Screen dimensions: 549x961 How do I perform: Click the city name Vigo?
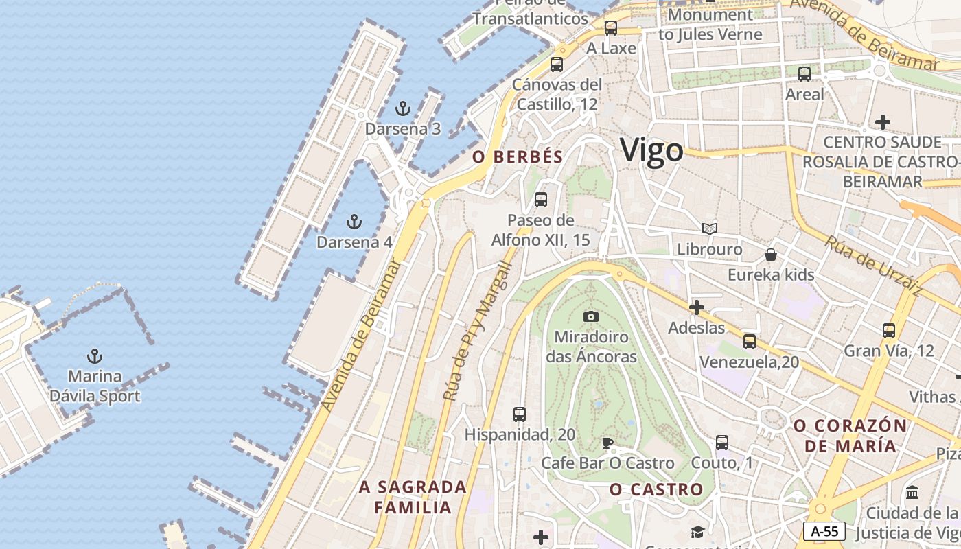pyautogui.click(x=651, y=150)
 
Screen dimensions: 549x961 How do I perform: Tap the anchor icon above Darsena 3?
pyautogui.click(x=403, y=108)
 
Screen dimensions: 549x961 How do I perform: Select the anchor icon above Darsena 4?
pyautogui.click(x=354, y=222)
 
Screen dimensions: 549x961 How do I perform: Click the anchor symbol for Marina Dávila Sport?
pyautogui.click(x=95, y=356)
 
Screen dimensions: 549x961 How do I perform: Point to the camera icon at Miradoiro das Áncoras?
pyautogui.click(x=591, y=316)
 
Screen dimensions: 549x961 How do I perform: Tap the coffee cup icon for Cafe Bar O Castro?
pyautogui.click(x=607, y=443)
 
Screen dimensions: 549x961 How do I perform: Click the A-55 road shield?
pyautogui.click(x=824, y=530)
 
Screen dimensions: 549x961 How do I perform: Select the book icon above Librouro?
pyautogui.click(x=710, y=229)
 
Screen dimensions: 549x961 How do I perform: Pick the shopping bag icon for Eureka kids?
pyautogui.click(x=771, y=255)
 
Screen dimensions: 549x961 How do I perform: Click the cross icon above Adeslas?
pyautogui.click(x=697, y=307)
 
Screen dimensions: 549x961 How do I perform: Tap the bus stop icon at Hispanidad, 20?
pyautogui.click(x=520, y=414)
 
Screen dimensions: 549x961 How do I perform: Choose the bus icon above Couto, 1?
pyautogui.click(x=722, y=443)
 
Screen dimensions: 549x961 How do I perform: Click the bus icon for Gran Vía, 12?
pyautogui.click(x=889, y=331)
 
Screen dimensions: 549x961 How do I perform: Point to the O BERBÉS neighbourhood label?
pyautogui.click(x=518, y=156)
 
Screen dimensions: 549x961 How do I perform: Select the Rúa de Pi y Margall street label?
pyautogui.click(x=478, y=331)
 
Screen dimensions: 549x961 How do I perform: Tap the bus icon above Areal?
pyautogui.click(x=804, y=74)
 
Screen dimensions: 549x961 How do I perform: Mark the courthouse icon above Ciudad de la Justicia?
pyautogui.click(x=913, y=493)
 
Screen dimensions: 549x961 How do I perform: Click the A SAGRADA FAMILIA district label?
pyautogui.click(x=413, y=497)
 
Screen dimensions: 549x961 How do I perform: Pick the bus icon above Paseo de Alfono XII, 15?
pyautogui.click(x=541, y=200)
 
